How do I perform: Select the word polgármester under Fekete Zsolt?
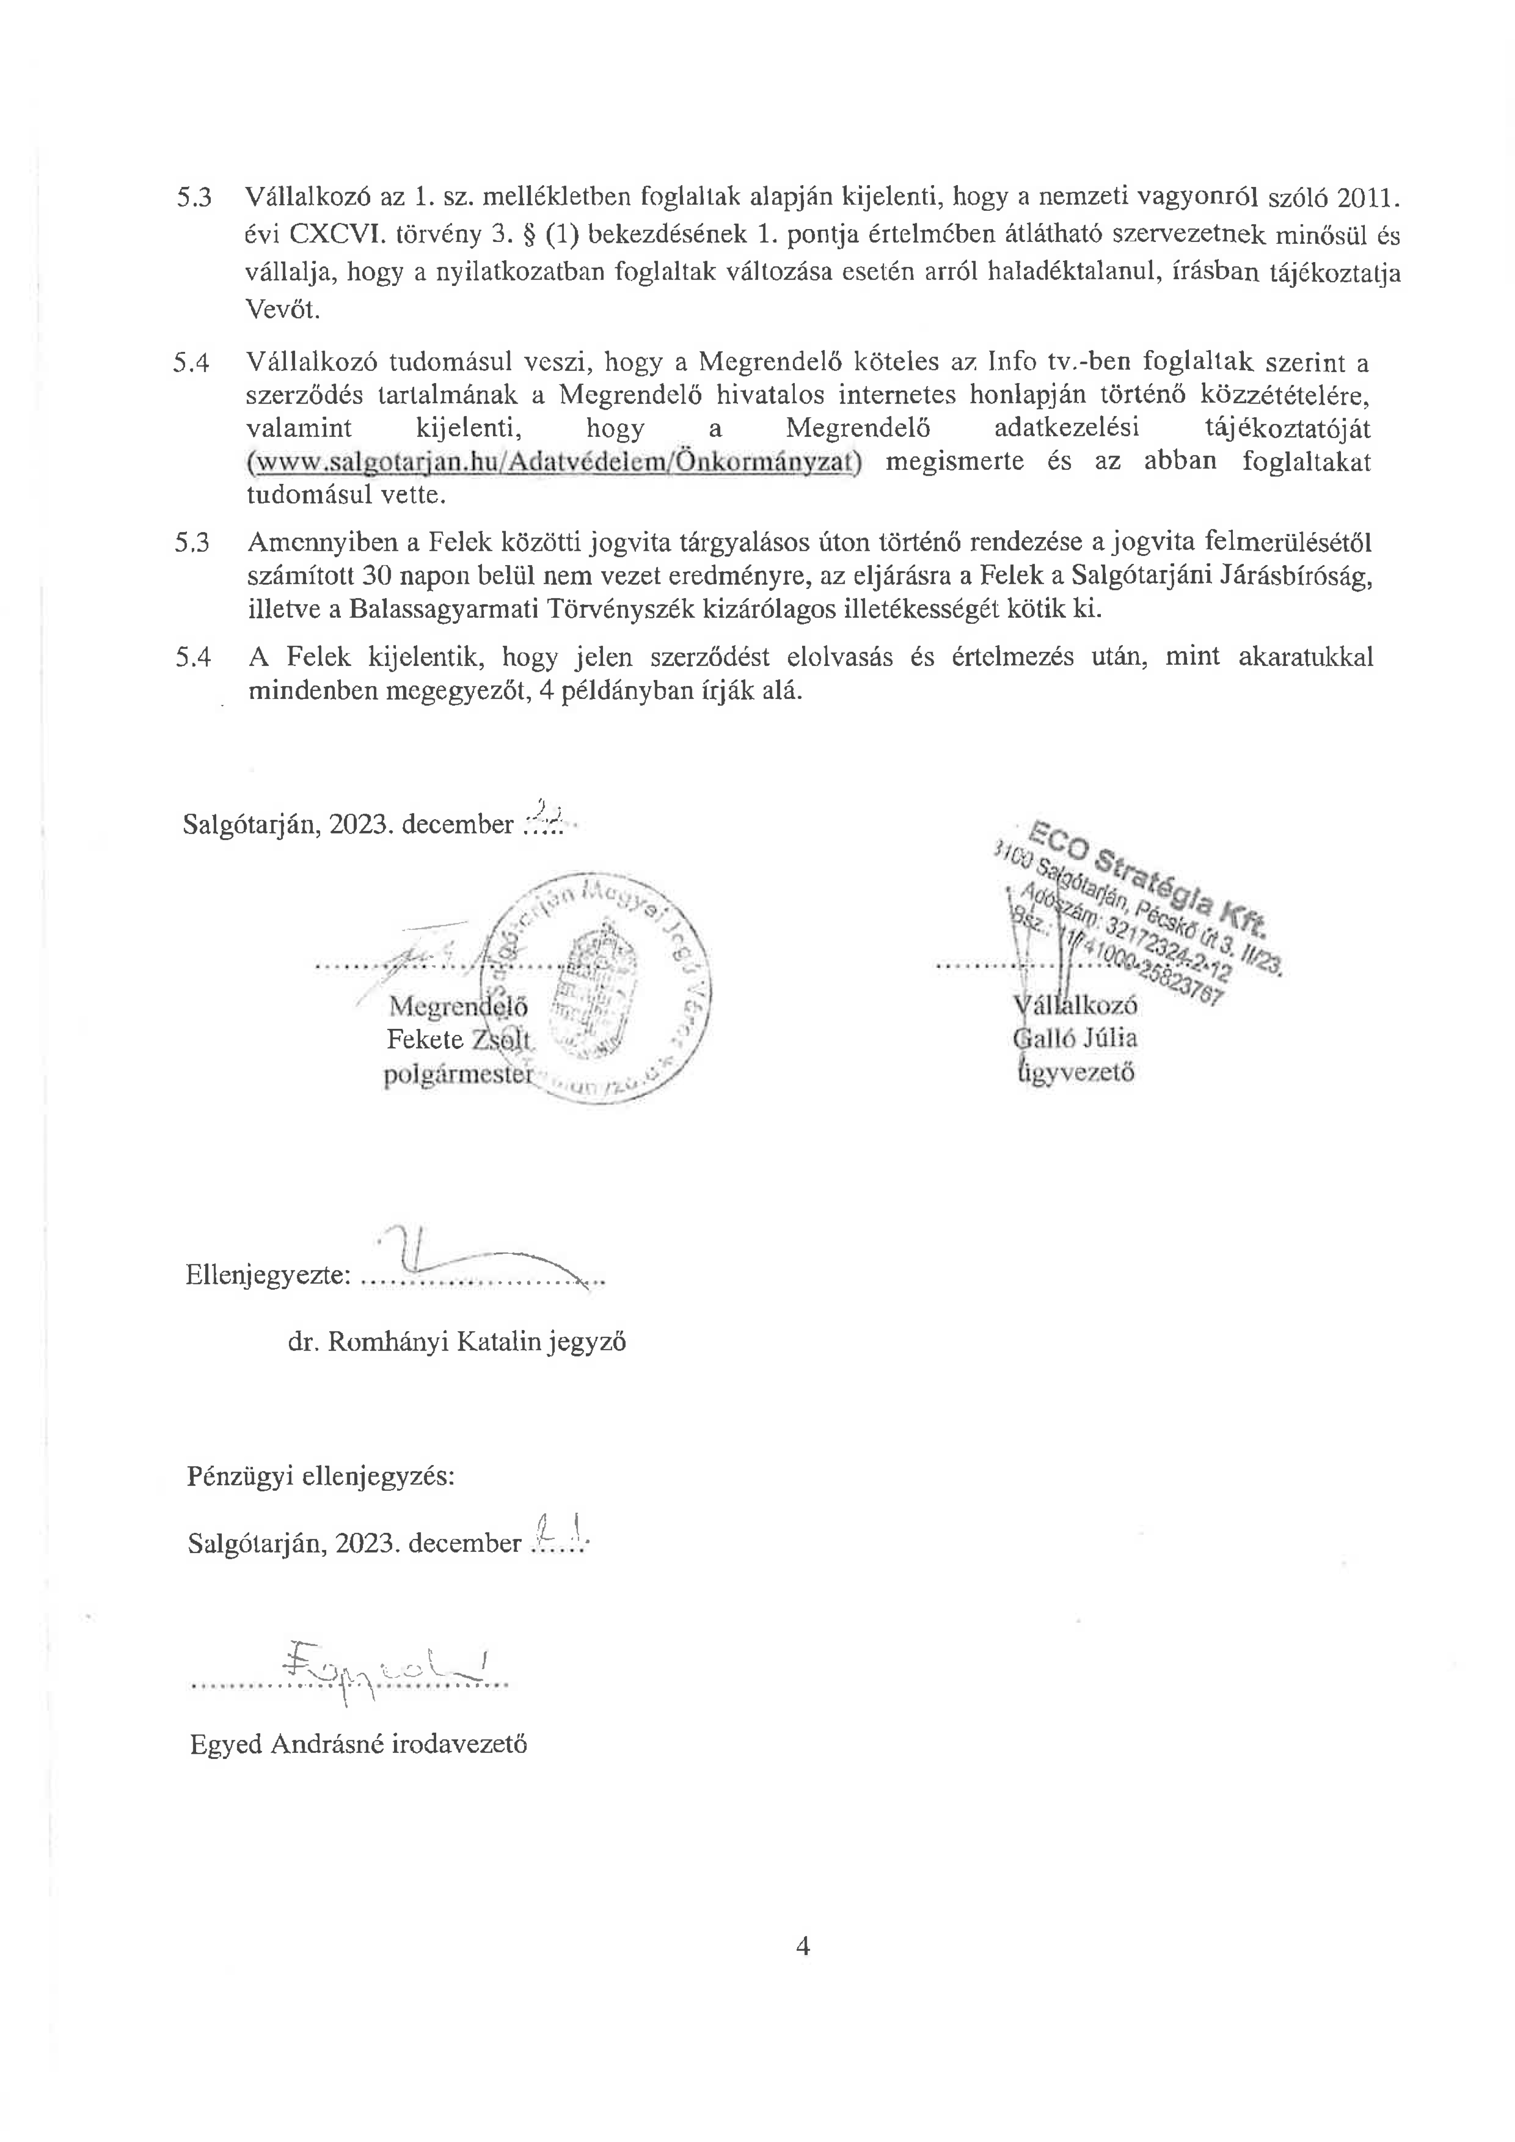tap(458, 1074)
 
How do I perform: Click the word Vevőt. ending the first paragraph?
tap(283, 311)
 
